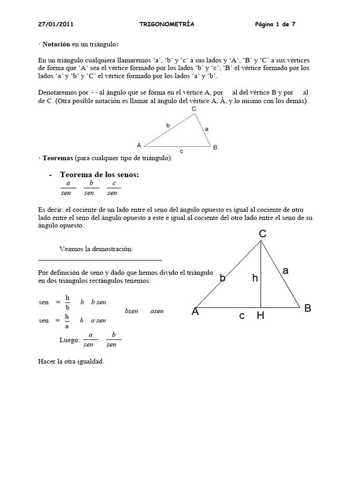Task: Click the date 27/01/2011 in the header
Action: pyautogui.click(x=55, y=23)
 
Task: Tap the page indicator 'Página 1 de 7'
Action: pyautogui.click(x=275, y=23)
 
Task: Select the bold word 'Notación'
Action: pyautogui.click(x=56, y=45)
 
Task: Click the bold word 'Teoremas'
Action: pyautogui.click(x=56, y=158)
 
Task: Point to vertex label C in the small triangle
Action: pyautogui.click(x=194, y=109)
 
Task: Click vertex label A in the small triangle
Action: pyautogui.click(x=139, y=145)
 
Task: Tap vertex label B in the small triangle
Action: pyautogui.click(x=215, y=148)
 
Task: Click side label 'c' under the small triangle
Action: pyautogui.click(x=181, y=152)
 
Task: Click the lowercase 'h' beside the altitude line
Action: pyautogui.click(x=255, y=278)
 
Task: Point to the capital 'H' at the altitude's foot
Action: pyautogui.click(x=260, y=316)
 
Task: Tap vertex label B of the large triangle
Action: pyautogui.click(x=307, y=308)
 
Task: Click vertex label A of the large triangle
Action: pyautogui.click(x=195, y=312)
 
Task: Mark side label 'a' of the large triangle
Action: pyautogui.click(x=285, y=270)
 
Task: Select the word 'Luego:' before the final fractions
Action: pyautogui.click(x=70, y=340)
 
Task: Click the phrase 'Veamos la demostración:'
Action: pyautogui.click(x=97, y=249)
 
